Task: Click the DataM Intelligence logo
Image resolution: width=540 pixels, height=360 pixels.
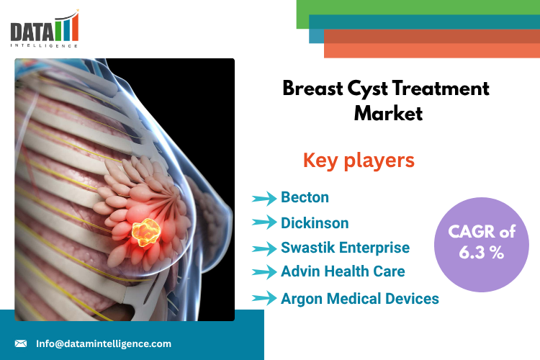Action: click(x=45, y=29)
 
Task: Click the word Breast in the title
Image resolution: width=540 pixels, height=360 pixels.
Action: click(x=312, y=89)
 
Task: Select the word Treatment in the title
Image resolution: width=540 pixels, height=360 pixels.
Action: click(x=441, y=89)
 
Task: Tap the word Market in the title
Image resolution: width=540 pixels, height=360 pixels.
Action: click(x=388, y=113)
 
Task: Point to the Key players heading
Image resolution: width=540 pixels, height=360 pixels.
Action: click(x=359, y=161)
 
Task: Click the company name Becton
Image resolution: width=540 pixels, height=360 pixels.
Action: click(x=305, y=197)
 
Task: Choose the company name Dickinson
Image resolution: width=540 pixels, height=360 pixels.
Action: click(x=315, y=223)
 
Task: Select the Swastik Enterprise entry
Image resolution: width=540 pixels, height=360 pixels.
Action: click(x=345, y=248)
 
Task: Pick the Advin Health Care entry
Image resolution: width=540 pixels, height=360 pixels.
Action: click(x=343, y=271)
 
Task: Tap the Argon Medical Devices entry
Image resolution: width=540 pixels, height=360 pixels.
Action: click(x=360, y=299)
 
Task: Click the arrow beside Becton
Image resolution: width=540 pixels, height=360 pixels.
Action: click(x=264, y=199)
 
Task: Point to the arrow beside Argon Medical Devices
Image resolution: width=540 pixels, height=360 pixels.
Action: click(x=264, y=298)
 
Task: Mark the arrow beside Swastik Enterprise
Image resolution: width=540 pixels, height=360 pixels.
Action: click(x=264, y=248)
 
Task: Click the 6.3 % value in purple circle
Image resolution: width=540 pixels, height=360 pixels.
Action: click(x=482, y=253)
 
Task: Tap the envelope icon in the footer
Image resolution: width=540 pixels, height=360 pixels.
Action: click(x=21, y=343)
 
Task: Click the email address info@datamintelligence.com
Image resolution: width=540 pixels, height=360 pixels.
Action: click(x=104, y=344)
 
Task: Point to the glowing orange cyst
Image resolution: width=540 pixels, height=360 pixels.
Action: click(x=146, y=232)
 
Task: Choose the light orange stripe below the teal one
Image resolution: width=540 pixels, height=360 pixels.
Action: click(x=432, y=50)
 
